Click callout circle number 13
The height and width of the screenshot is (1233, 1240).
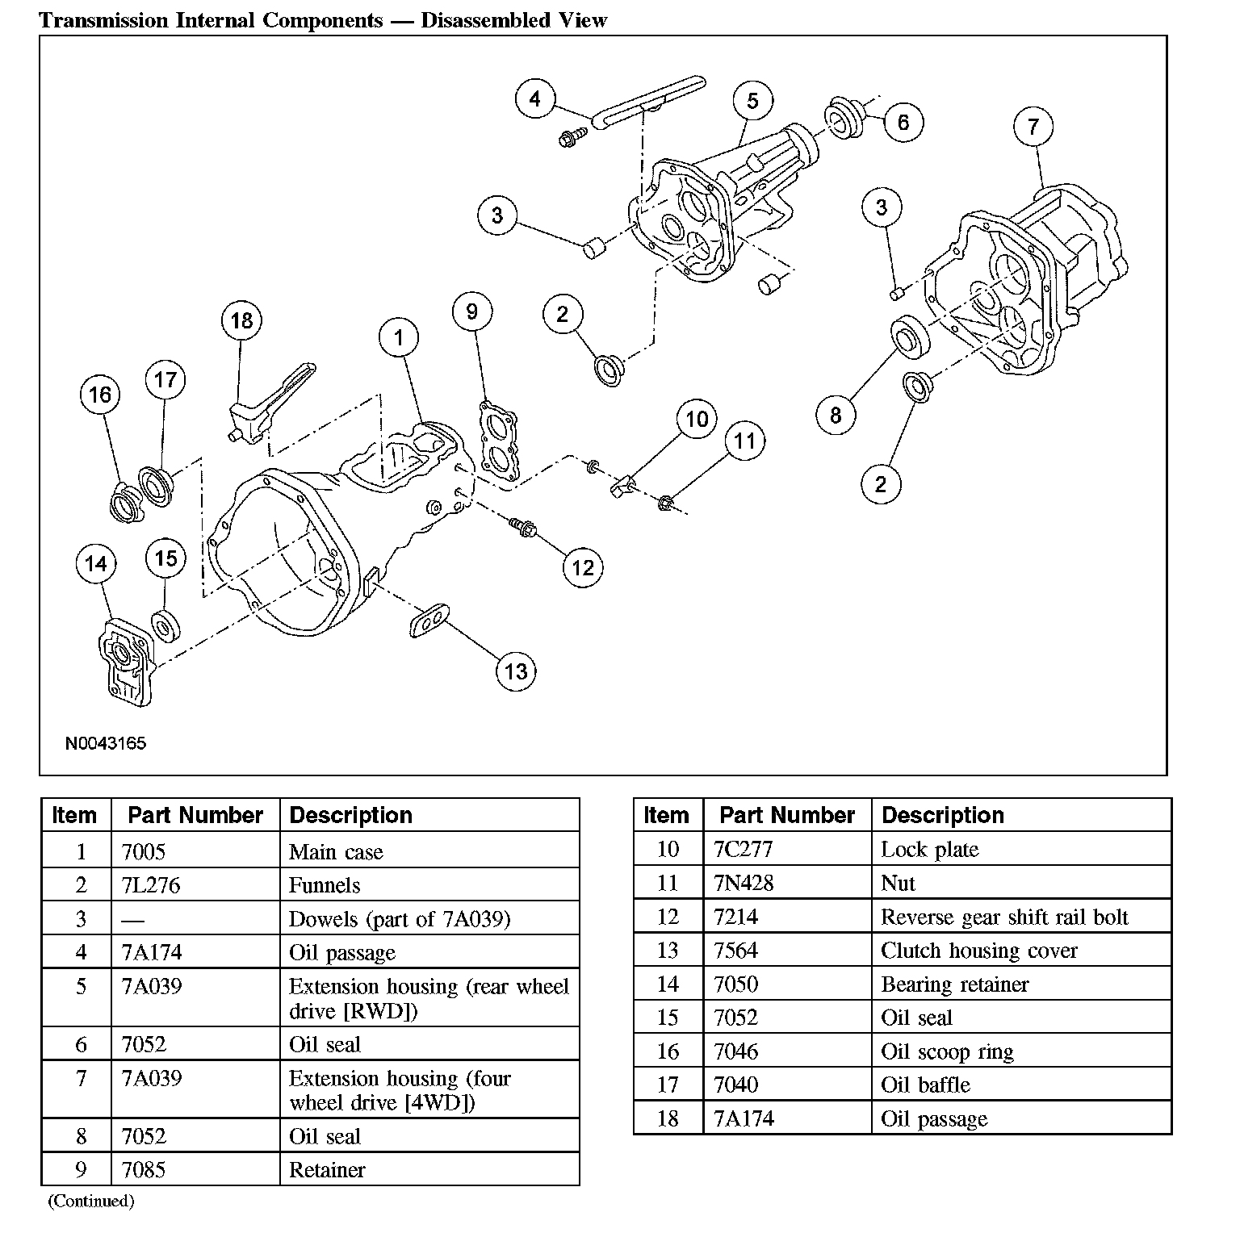pos(516,671)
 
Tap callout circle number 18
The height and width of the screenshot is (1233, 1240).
pos(241,320)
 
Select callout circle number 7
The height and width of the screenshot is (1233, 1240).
pos(1033,126)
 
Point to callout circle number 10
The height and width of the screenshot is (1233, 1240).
pos(697,419)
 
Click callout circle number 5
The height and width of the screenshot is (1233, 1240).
pos(752,100)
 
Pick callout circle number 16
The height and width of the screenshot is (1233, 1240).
pos(100,395)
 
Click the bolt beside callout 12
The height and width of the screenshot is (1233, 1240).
pos(523,529)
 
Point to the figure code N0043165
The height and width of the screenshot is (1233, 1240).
pos(106,742)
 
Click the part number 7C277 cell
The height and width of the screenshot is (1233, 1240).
pos(788,849)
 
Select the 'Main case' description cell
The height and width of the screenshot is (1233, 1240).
pos(429,851)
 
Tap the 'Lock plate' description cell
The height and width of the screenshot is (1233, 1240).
pos(1021,849)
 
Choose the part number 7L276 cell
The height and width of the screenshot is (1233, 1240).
pos(195,885)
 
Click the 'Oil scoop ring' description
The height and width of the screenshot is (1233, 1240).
pos(947,1051)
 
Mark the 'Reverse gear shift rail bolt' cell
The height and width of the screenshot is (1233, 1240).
pos(1021,917)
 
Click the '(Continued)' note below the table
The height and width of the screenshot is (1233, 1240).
pos(91,1201)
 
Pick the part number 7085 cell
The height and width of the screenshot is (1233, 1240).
pos(195,1169)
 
